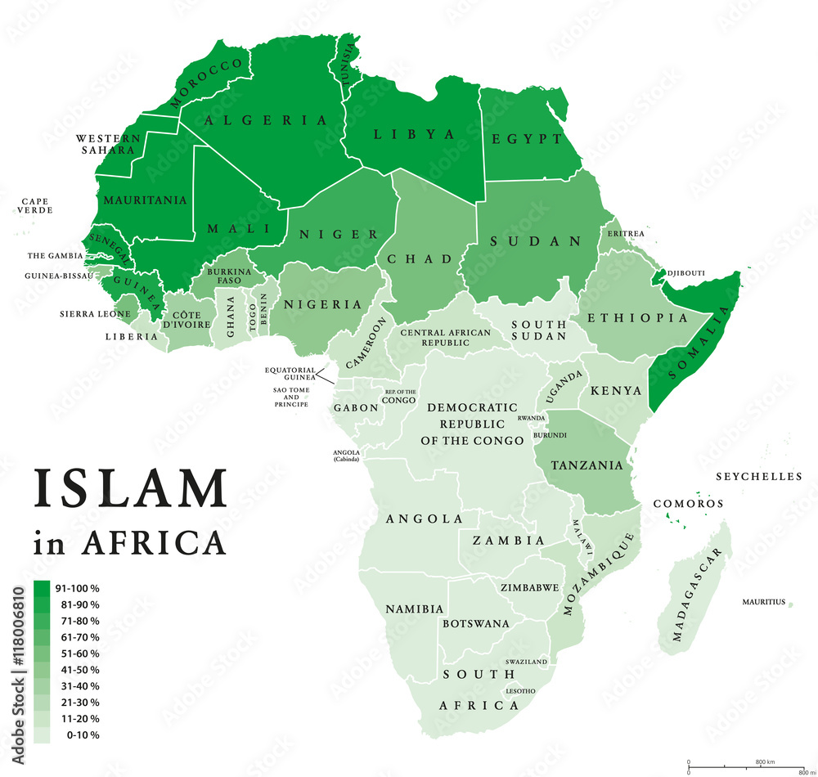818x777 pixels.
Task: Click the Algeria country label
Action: click(x=266, y=120)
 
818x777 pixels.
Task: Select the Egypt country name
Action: click(x=527, y=139)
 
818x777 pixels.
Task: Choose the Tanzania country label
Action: click(x=587, y=465)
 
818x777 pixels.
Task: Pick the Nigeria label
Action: click(x=322, y=304)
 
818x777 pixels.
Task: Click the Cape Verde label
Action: click(x=35, y=205)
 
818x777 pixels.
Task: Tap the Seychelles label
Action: click(x=758, y=477)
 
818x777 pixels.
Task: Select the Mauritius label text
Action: click(x=763, y=603)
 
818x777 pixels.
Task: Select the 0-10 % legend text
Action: click(x=77, y=735)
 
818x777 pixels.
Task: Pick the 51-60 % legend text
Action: click(x=77, y=653)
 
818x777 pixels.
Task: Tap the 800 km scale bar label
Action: click(x=760, y=761)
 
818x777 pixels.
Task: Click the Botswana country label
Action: click(x=475, y=623)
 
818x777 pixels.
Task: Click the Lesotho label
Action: click(x=521, y=691)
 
